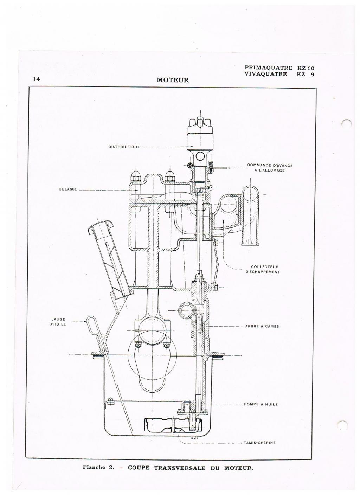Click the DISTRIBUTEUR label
tap(123, 147)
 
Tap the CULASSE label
tap(68, 189)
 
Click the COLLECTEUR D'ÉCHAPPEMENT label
tap(263, 269)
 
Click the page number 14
tap(36, 79)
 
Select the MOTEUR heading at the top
tap(173, 80)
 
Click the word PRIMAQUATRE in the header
tap(268, 68)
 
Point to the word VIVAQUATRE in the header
tap(266, 74)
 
